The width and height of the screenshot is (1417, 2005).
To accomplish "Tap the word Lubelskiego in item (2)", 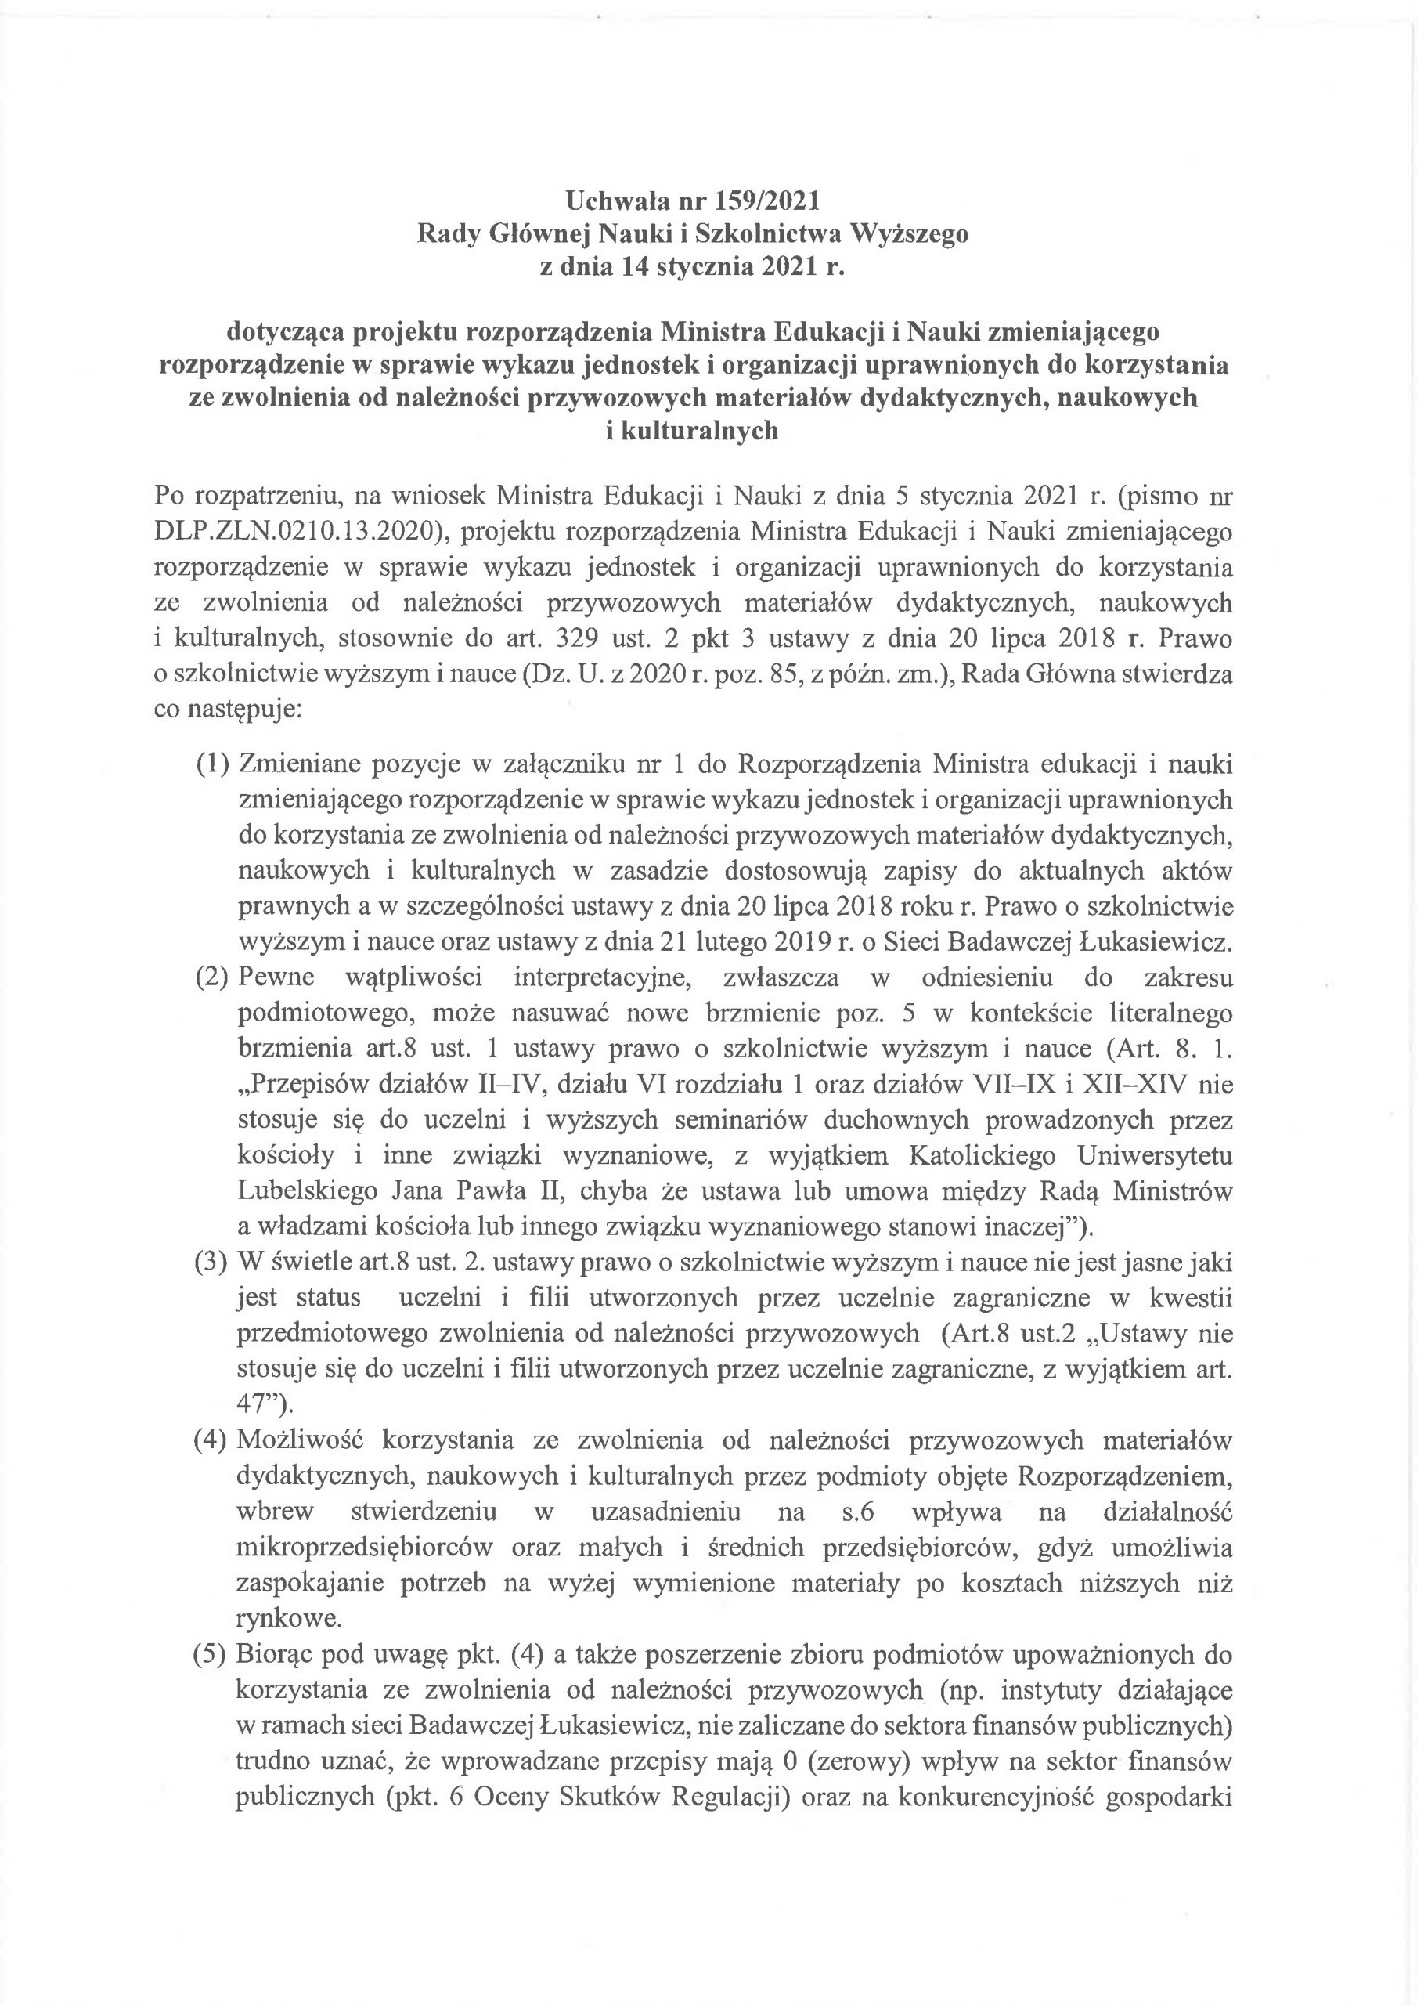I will click(308, 1191).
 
